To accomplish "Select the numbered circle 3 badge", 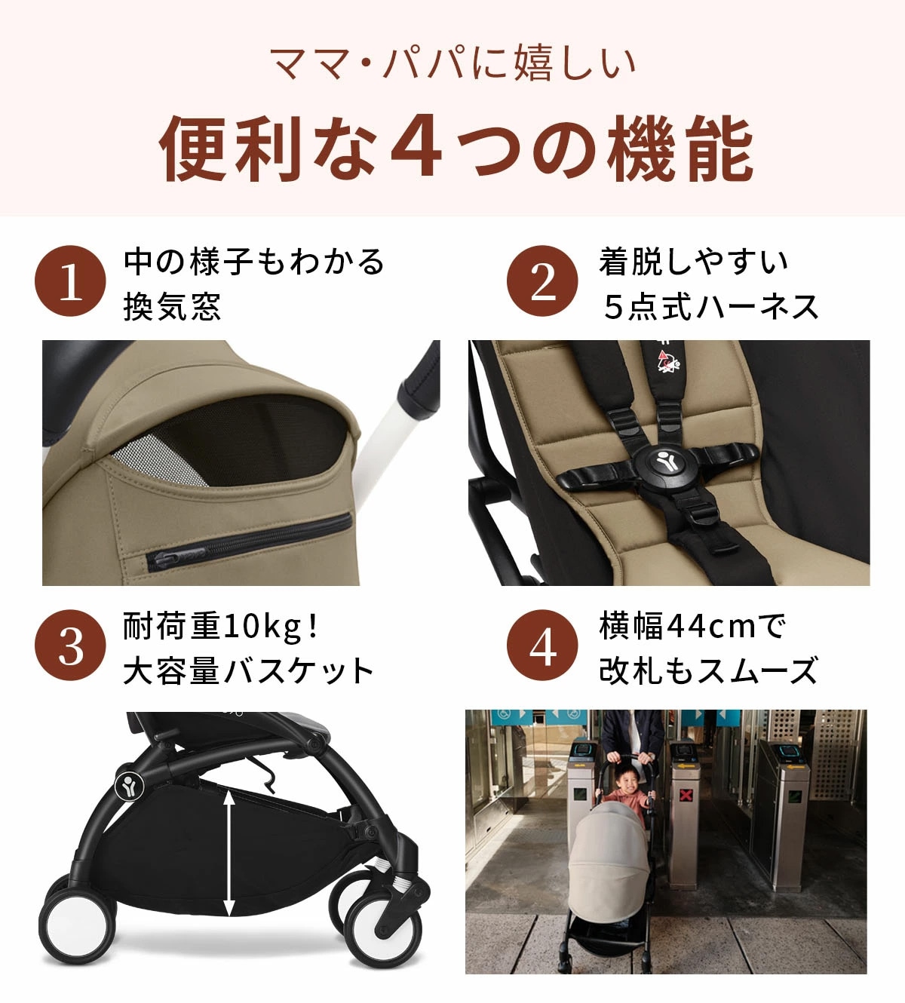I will click(71, 646).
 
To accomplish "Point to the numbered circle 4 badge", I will click(542, 646).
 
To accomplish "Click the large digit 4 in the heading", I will click(416, 147).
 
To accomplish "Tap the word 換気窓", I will click(172, 307).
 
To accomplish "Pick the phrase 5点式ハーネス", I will click(710, 307).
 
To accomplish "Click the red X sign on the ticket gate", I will click(686, 795).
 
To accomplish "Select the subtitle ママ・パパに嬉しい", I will click(452, 63).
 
